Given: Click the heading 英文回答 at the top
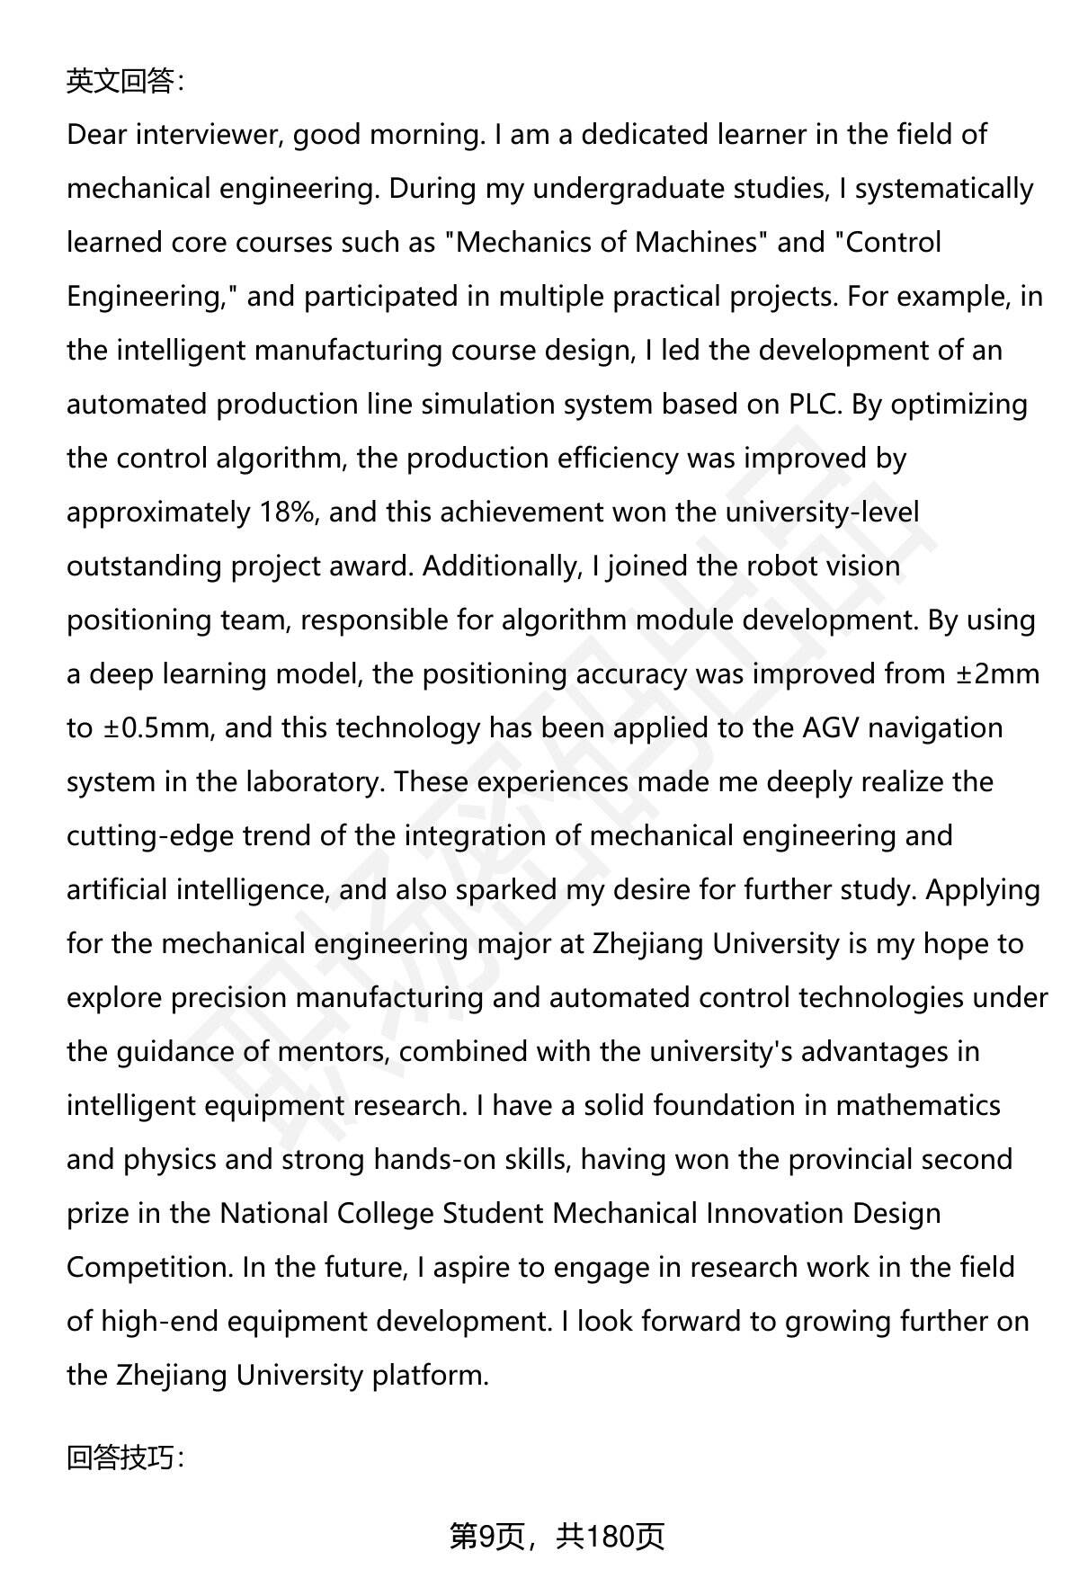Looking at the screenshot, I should (x=125, y=82).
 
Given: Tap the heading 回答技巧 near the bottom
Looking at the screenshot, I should (x=125, y=1458).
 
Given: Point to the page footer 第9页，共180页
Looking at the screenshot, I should (x=557, y=1537).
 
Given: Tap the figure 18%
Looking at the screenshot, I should (x=288, y=513).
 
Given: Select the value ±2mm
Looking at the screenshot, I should (x=997, y=674).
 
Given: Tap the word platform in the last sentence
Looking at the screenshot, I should (x=430, y=1376).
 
